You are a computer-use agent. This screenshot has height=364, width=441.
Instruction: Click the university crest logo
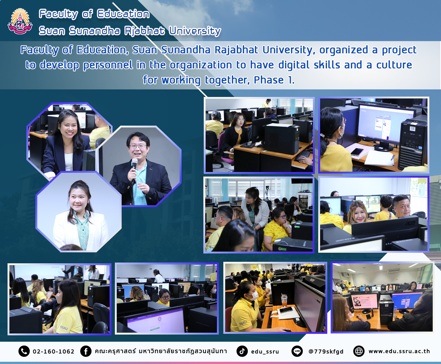pos(20,22)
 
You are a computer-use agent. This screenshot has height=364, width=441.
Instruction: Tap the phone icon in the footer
pos(24,351)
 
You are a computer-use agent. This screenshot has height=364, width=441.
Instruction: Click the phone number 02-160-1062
pos(53,352)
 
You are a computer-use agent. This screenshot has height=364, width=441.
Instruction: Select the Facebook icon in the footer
pos(86,351)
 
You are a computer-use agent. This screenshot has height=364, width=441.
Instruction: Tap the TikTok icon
pos(242,351)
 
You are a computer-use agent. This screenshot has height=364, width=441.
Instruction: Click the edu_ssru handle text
pos(265,352)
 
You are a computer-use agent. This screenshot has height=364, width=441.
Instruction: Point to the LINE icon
pos(297,351)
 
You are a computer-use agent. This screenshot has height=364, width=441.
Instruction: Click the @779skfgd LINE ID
pos(326,352)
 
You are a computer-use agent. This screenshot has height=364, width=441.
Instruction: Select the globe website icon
pos(359,351)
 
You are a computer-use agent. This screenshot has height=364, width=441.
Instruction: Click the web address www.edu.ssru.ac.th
pos(399,351)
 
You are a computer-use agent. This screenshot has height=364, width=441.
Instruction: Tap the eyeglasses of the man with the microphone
pos(138,146)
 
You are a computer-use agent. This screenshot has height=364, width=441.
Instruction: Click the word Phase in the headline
pos(269,80)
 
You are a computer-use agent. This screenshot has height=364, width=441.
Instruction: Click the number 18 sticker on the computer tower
pos(413,129)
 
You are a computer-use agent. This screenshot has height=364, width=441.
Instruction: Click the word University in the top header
pos(195,31)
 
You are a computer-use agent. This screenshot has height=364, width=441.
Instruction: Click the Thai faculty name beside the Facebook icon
pos(160,351)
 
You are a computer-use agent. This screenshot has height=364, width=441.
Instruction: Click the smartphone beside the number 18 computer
pos(357,152)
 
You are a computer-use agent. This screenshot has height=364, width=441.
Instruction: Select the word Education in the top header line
pos(123,14)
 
